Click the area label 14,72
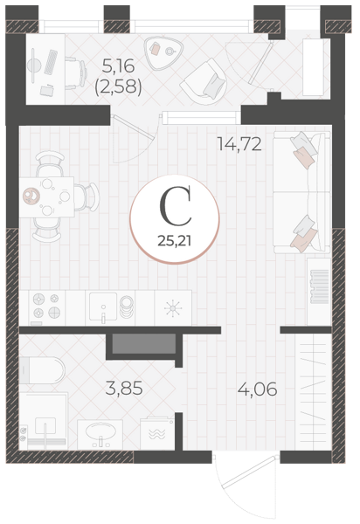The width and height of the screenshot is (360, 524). tap(239, 144)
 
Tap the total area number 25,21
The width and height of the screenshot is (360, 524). tap(175, 241)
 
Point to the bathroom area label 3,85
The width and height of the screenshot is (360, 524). tap(124, 389)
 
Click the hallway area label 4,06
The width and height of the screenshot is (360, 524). tap(258, 389)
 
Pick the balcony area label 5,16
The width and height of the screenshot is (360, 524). tap(118, 65)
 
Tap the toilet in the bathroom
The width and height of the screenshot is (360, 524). tap(42, 370)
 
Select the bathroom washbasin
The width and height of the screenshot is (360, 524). tap(100, 434)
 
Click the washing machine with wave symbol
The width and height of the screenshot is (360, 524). tap(157, 433)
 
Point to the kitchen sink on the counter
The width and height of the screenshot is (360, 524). tap(103, 307)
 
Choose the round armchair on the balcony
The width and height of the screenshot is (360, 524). tap(204, 83)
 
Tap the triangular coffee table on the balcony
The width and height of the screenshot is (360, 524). tap(163, 52)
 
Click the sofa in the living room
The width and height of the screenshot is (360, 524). tap(301, 191)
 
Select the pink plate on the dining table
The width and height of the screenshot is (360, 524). tap(31, 196)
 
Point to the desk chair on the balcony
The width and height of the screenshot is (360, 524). tap(76, 74)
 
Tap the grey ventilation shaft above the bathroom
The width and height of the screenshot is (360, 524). tap(143, 343)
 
